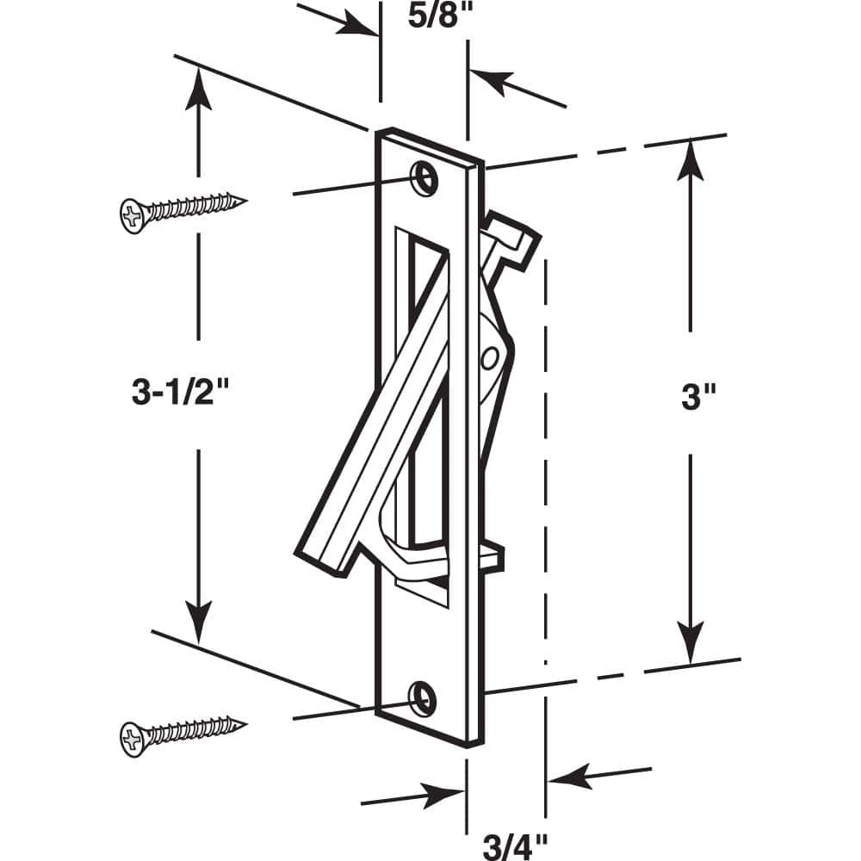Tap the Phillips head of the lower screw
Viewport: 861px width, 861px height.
pyautogui.click(x=132, y=739)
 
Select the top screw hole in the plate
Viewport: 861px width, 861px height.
pyautogui.click(x=422, y=174)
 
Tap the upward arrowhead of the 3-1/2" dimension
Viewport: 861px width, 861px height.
pyautogui.click(x=199, y=86)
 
